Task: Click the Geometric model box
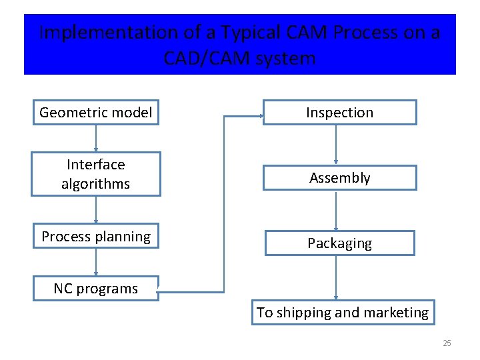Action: coord(96,112)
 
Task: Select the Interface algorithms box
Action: coord(96,174)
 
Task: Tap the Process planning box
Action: coord(96,236)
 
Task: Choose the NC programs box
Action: coord(96,289)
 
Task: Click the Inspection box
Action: coord(339,113)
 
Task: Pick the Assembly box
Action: coord(339,177)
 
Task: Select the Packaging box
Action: coord(339,243)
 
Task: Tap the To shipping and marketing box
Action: coord(343,312)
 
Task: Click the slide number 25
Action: coord(447,343)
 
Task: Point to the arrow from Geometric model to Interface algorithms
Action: coord(96,139)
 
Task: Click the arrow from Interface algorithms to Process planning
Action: coord(96,209)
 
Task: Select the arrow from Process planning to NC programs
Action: coord(96,262)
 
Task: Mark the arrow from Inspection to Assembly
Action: coord(336,145)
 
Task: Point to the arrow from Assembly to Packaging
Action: coord(336,210)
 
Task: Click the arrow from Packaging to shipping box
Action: coord(336,277)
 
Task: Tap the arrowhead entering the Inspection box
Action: coord(259,117)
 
